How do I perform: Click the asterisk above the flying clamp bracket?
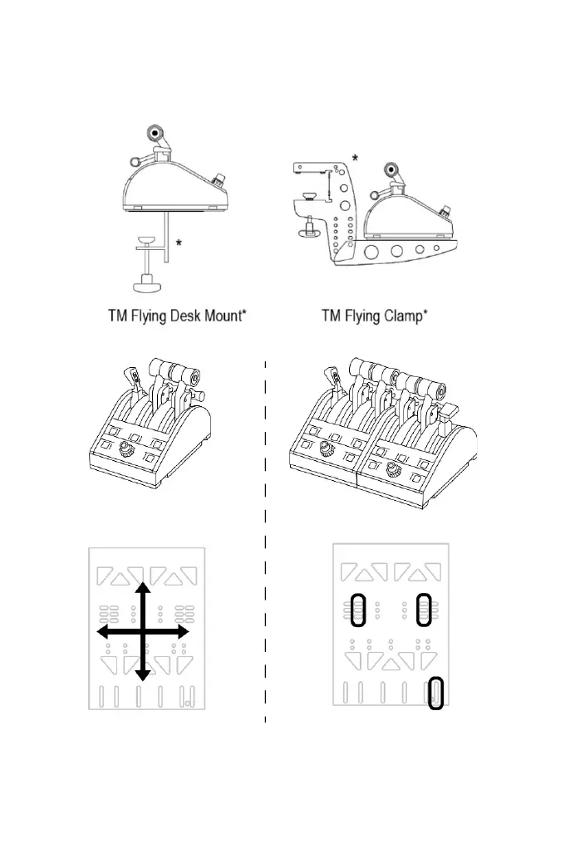point(356,158)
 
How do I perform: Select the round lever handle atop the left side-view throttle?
point(155,133)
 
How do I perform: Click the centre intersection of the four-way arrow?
point(142,632)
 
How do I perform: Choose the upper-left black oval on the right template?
point(358,610)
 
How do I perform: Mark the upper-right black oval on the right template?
point(424,610)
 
